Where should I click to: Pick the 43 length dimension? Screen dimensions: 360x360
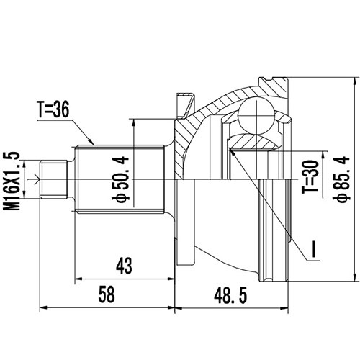pyautogui.click(x=123, y=266)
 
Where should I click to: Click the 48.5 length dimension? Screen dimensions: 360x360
pyautogui.click(x=231, y=294)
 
